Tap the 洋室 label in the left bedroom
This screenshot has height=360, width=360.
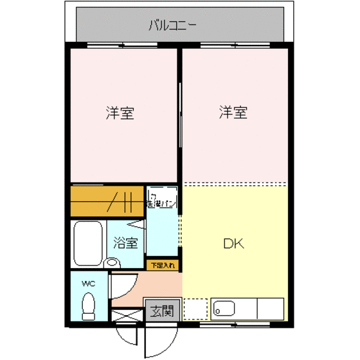pos(120,113)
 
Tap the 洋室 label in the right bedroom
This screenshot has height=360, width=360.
pos(233,113)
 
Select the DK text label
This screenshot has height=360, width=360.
pos(233,244)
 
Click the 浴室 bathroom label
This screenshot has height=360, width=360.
pos(126,243)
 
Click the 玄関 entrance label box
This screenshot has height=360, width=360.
pos(161,312)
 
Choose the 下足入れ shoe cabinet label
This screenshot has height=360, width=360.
pos(163,264)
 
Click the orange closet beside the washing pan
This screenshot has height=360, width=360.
pos(107,202)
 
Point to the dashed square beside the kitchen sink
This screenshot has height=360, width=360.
pos(195,309)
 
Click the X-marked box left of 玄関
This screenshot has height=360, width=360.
pos(126,317)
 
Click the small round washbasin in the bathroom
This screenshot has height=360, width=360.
pos(113,262)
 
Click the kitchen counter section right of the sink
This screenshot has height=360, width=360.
pos(270,309)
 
